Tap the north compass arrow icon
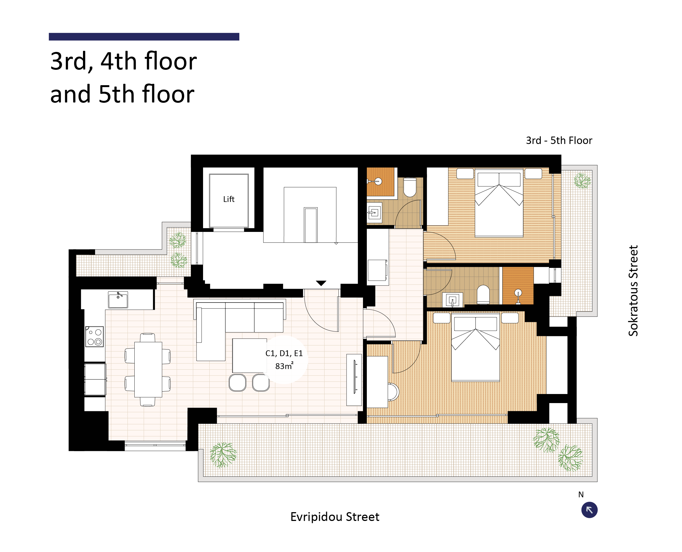[x=589, y=510]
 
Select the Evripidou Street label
[x=335, y=517]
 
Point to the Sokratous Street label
[x=633, y=291]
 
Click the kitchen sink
[x=118, y=300]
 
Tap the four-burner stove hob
[x=95, y=336]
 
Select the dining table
[x=148, y=370]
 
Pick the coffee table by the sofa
[x=249, y=356]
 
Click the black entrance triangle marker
[x=321, y=283]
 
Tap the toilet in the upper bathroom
[x=410, y=187]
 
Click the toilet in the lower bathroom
[x=483, y=295]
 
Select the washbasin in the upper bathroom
[x=375, y=212]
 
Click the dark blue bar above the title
[x=144, y=37]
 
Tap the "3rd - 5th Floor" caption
[x=559, y=141]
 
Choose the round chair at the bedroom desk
[x=393, y=392]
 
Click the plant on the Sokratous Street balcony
[x=582, y=181]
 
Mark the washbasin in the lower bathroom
[x=453, y=300]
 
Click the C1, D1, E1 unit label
[x=284, y=353]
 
